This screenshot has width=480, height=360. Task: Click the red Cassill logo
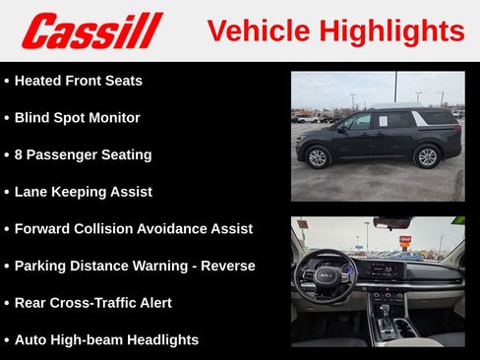tap(91, 30)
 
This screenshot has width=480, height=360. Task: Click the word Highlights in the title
tap(397, 30)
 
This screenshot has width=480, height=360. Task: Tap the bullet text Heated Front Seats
tap(78, 81)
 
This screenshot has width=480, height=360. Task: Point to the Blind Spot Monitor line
tap(77, 118)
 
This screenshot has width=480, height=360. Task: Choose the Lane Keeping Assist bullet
tap(83, 192)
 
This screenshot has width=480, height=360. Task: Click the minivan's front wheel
tap(318, 157)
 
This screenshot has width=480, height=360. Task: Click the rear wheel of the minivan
tap(427, 156)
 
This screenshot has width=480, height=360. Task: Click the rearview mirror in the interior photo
tap(391, 223)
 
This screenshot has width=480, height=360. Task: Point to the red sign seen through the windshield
tap(405, 240)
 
